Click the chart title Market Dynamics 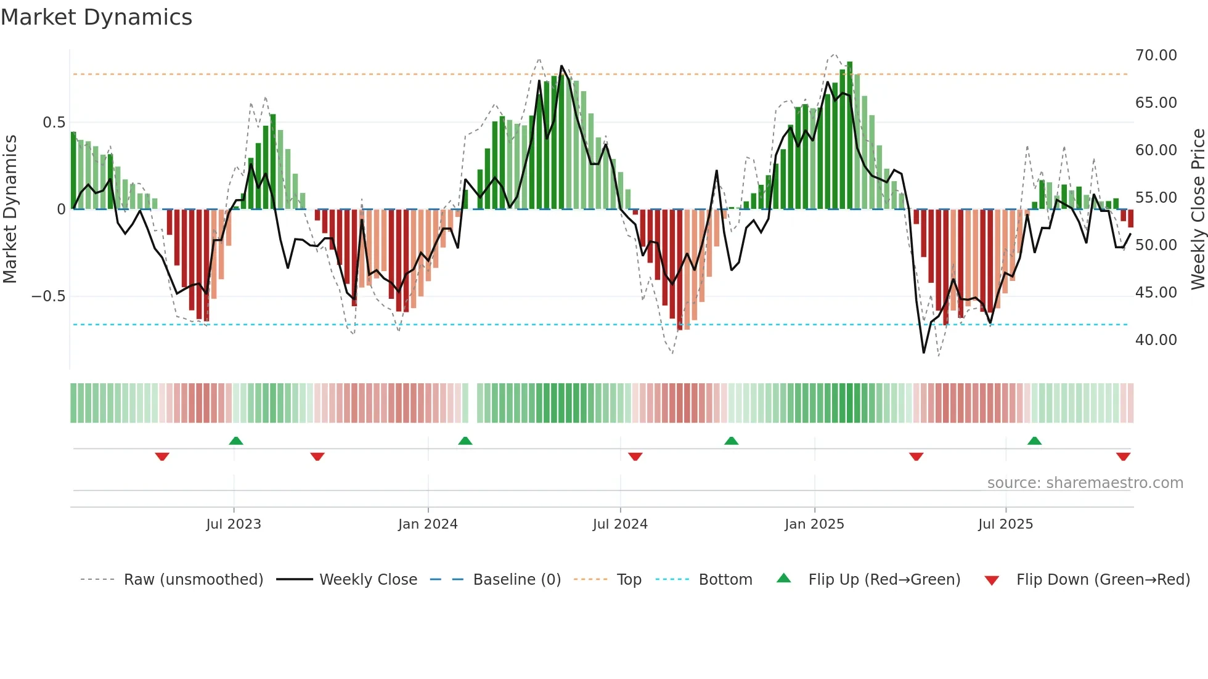97,17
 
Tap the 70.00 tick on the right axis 1156,55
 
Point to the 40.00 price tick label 1156,340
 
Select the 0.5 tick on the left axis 54,123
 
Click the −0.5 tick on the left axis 48,296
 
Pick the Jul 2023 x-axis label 234,524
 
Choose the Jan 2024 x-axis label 428,524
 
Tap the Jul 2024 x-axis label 620,524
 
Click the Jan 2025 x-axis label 814,524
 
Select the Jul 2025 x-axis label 1005,524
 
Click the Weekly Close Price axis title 1198,209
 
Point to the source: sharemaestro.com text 1085,483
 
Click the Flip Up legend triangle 783,579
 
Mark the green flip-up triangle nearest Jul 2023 236,441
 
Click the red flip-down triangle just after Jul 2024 635,457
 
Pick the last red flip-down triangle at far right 1123,457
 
